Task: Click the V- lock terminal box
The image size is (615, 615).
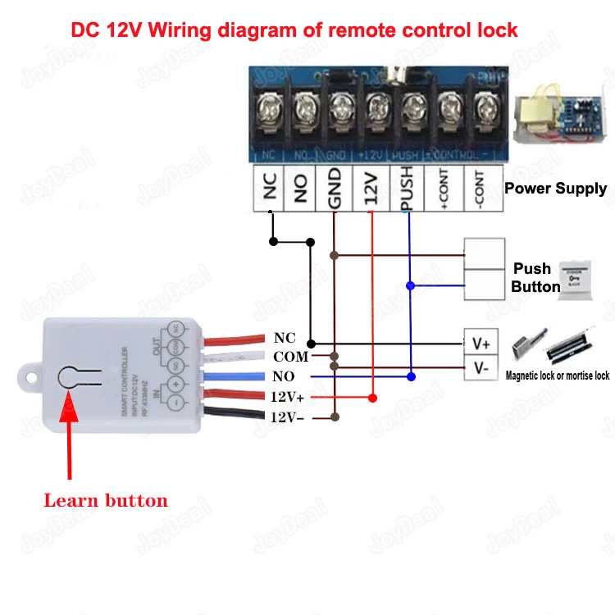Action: pos(481,368)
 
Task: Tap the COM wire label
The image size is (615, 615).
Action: pos(290,357)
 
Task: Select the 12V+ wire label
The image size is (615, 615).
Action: pos(288,397)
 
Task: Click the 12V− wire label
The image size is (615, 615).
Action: pos(288,417)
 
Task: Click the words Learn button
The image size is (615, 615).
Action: pos(105,500)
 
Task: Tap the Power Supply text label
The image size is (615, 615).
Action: pos(555,189)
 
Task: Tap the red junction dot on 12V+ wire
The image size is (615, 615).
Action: pos(372,398)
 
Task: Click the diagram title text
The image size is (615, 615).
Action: pos(294,30)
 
